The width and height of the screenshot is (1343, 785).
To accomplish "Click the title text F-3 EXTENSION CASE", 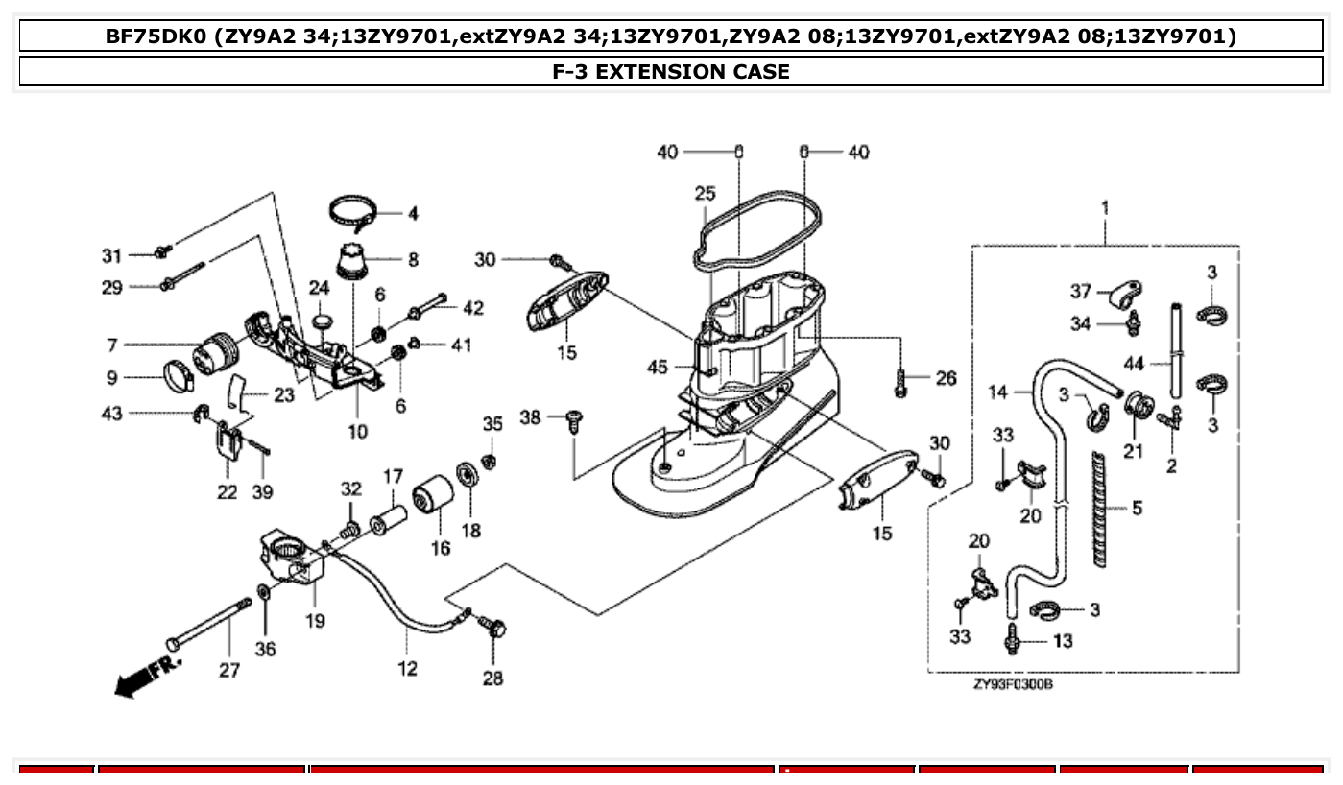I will coord(671,71).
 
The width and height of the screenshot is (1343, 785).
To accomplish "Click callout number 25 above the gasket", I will coord(706,194).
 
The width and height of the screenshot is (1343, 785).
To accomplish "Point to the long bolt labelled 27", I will coord(209,623).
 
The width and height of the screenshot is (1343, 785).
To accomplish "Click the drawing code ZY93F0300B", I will coord(1012,685).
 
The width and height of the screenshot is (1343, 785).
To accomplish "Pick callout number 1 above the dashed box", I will coord(1105,207).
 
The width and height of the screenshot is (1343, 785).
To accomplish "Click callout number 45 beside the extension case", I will coord(657,367).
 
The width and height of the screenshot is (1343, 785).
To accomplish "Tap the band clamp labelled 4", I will coord(357,209).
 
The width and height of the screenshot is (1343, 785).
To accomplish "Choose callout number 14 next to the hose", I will coord(998,392).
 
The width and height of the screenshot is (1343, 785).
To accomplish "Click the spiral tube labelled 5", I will coord(1097,508).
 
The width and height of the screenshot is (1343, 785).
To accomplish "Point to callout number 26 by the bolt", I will coord(946,378).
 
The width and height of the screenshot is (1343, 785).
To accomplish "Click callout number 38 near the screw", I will coord(531,417).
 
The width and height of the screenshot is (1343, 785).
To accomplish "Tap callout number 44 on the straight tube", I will coord(1135,364).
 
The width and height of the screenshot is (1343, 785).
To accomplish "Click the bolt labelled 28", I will coord(496,630).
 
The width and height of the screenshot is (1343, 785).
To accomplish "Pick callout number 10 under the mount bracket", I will coord(357,432).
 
